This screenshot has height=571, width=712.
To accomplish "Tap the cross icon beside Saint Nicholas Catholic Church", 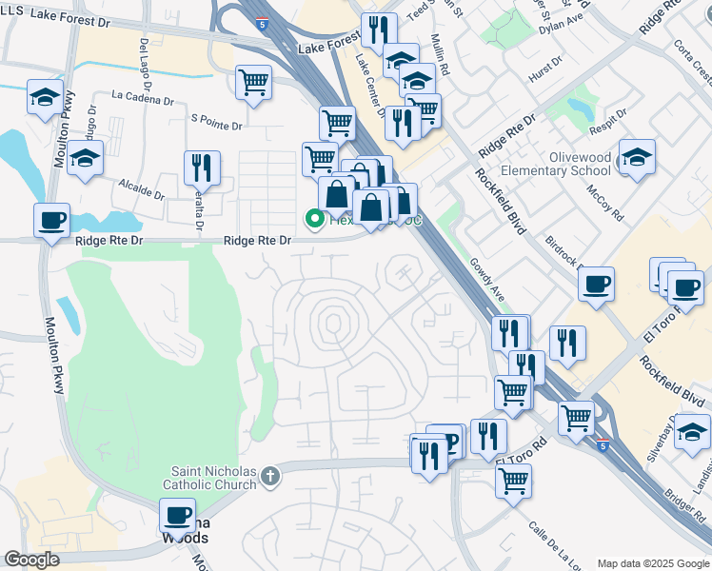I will click(271, 474).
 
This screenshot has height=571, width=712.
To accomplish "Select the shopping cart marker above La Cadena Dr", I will click(252, 83).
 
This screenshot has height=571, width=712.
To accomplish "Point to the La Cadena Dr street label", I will click(142, 96).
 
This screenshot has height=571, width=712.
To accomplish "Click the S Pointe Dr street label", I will click(216, 120).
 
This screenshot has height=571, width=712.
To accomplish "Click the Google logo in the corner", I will click(31, 560).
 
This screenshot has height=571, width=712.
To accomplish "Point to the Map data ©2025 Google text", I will click(653, 563).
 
